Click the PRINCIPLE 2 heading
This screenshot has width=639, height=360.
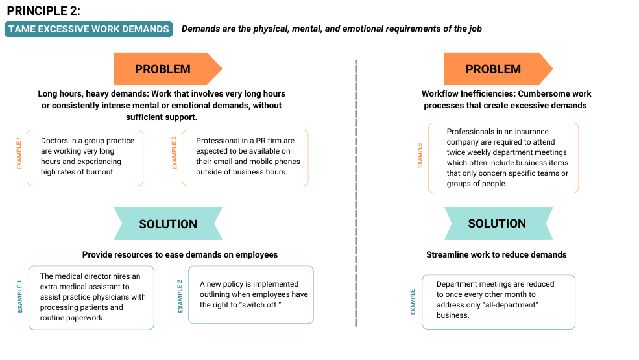click(43, 11)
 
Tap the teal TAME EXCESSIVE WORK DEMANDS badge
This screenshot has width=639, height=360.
click(89, 29)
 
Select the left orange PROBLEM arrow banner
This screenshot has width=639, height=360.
click(168, 69)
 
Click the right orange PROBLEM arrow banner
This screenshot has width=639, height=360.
click(498, 69)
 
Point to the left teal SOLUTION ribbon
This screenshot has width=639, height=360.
click(168, 223)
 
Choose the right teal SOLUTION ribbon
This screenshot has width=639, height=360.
click(498, 223)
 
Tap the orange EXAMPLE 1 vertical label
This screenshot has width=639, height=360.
click(19, 153)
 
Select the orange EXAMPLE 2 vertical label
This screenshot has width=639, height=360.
click(175, 153)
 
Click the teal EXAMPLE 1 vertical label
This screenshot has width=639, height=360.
click(19, 296)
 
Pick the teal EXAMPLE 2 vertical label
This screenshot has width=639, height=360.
click(180, 296)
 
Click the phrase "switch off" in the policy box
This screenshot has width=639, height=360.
click(261, 305)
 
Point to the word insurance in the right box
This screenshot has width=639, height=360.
click(531, 132)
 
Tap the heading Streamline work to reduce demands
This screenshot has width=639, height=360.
click(496, 255)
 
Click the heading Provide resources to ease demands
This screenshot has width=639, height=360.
click(180, 255)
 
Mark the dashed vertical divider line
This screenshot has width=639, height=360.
click(356, 193)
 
